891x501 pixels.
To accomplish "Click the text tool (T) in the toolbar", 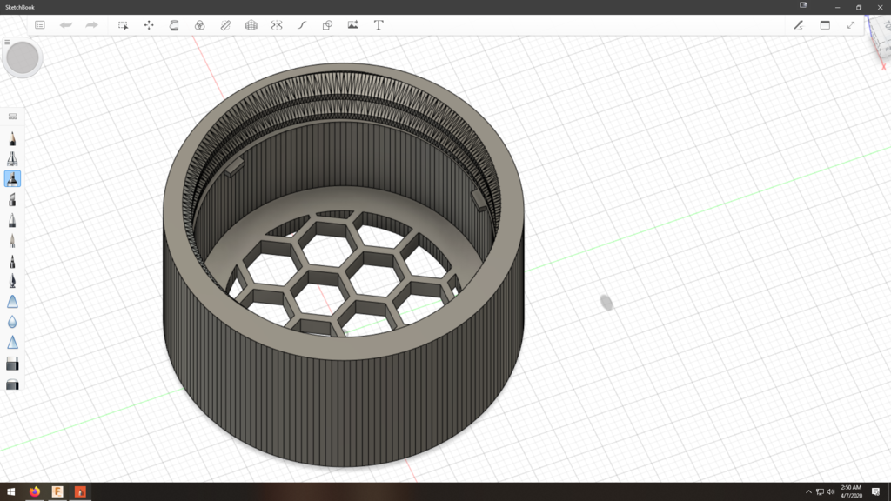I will pyautogui.click(x=379, y=25).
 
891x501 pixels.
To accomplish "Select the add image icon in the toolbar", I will pyautogui.click(x=353, y=25).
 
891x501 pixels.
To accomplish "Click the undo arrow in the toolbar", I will pyautogui.click(x=65, y=25).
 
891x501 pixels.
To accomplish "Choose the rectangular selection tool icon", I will pyautogui.click(x=124, y=25).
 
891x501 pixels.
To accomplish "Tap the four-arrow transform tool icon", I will pyautogui.click(x=149, y=25).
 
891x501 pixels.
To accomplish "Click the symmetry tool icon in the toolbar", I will pyautogui.click(x=277, y=25).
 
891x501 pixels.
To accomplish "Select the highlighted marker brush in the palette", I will pyautogui.click(x=13, y=178).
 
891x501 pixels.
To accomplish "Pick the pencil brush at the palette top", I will pyautogui.click(x=13, y=138).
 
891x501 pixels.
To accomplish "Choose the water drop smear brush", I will pyautogui.click(x=13, y=322).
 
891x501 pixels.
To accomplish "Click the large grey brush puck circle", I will pyautogui.click(x=22, y=58).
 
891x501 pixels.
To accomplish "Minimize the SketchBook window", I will pyautogui.click(x=835, y=7).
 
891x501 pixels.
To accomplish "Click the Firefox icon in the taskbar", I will pyautogui.click(x=35, y=492).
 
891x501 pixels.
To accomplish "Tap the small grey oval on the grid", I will pyautogui.click(x=606, y=303).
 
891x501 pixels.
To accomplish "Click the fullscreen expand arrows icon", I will pyautogui.click(x=851, y=25).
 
